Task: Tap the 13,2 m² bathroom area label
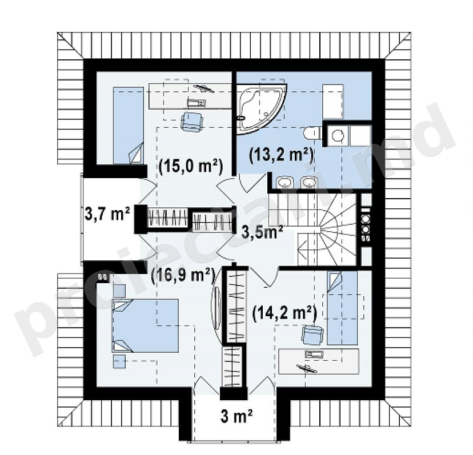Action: (x=281, y=155)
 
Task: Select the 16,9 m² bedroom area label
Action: (x=183, y=276)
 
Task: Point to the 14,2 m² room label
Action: (x=284, y=313)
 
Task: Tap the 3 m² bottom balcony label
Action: (x=236, y=417)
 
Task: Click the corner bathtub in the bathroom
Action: (x=259, y=108)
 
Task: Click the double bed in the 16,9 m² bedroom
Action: (x=145, y=325)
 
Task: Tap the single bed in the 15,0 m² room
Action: (x=128, y=126)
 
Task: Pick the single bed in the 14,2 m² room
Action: (x=342, y=308)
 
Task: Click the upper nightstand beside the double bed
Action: (x=119, y=291)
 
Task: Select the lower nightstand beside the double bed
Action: (x=119, y=361)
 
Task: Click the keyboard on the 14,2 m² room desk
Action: (x=314, y=355)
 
